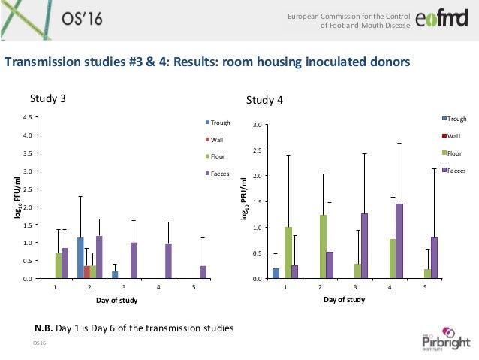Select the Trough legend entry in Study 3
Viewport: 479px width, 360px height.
pyautogui.click(x=220, y=123)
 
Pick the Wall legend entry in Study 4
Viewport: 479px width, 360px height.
pyautogui.click(x=454, y=135)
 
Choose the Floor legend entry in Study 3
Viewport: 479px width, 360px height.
pyautogui.click(x=218, y=156)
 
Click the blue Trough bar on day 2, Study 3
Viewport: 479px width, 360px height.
pyautogui.click(x=80, y=259)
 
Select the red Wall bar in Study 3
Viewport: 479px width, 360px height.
pyautogui.click(x=86, y=272)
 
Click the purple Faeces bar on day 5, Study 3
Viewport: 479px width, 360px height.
pyautogui.click(x=203, y=272)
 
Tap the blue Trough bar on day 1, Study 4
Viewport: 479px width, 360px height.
pyautogui.click(x=276, y=274)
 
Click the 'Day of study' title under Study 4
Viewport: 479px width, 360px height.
pyautogui.click(x=344, y=299)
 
